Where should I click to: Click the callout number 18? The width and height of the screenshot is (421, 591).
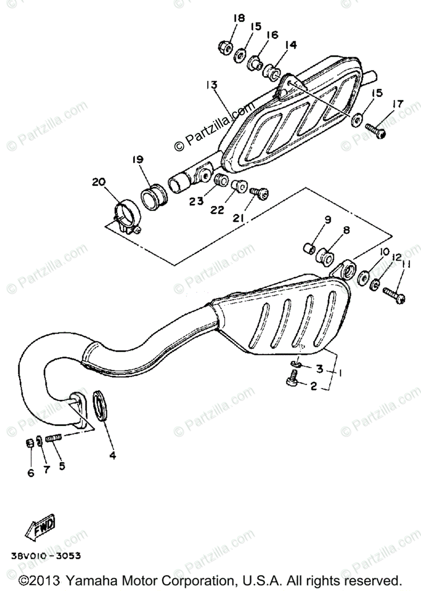coord(239,19)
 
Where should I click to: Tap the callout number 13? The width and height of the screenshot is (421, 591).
coord(211,85)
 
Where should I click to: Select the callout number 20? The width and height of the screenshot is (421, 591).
coord(99,182)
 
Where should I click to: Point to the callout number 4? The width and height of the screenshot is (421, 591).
coord(112,456)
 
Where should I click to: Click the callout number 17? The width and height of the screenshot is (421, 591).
coord(398,104)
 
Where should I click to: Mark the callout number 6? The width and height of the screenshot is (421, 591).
coord(31,473)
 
